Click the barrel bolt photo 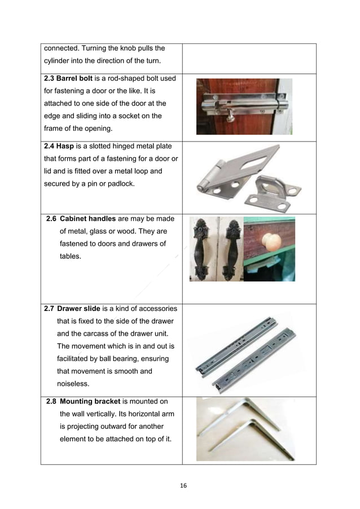pos(244,106)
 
